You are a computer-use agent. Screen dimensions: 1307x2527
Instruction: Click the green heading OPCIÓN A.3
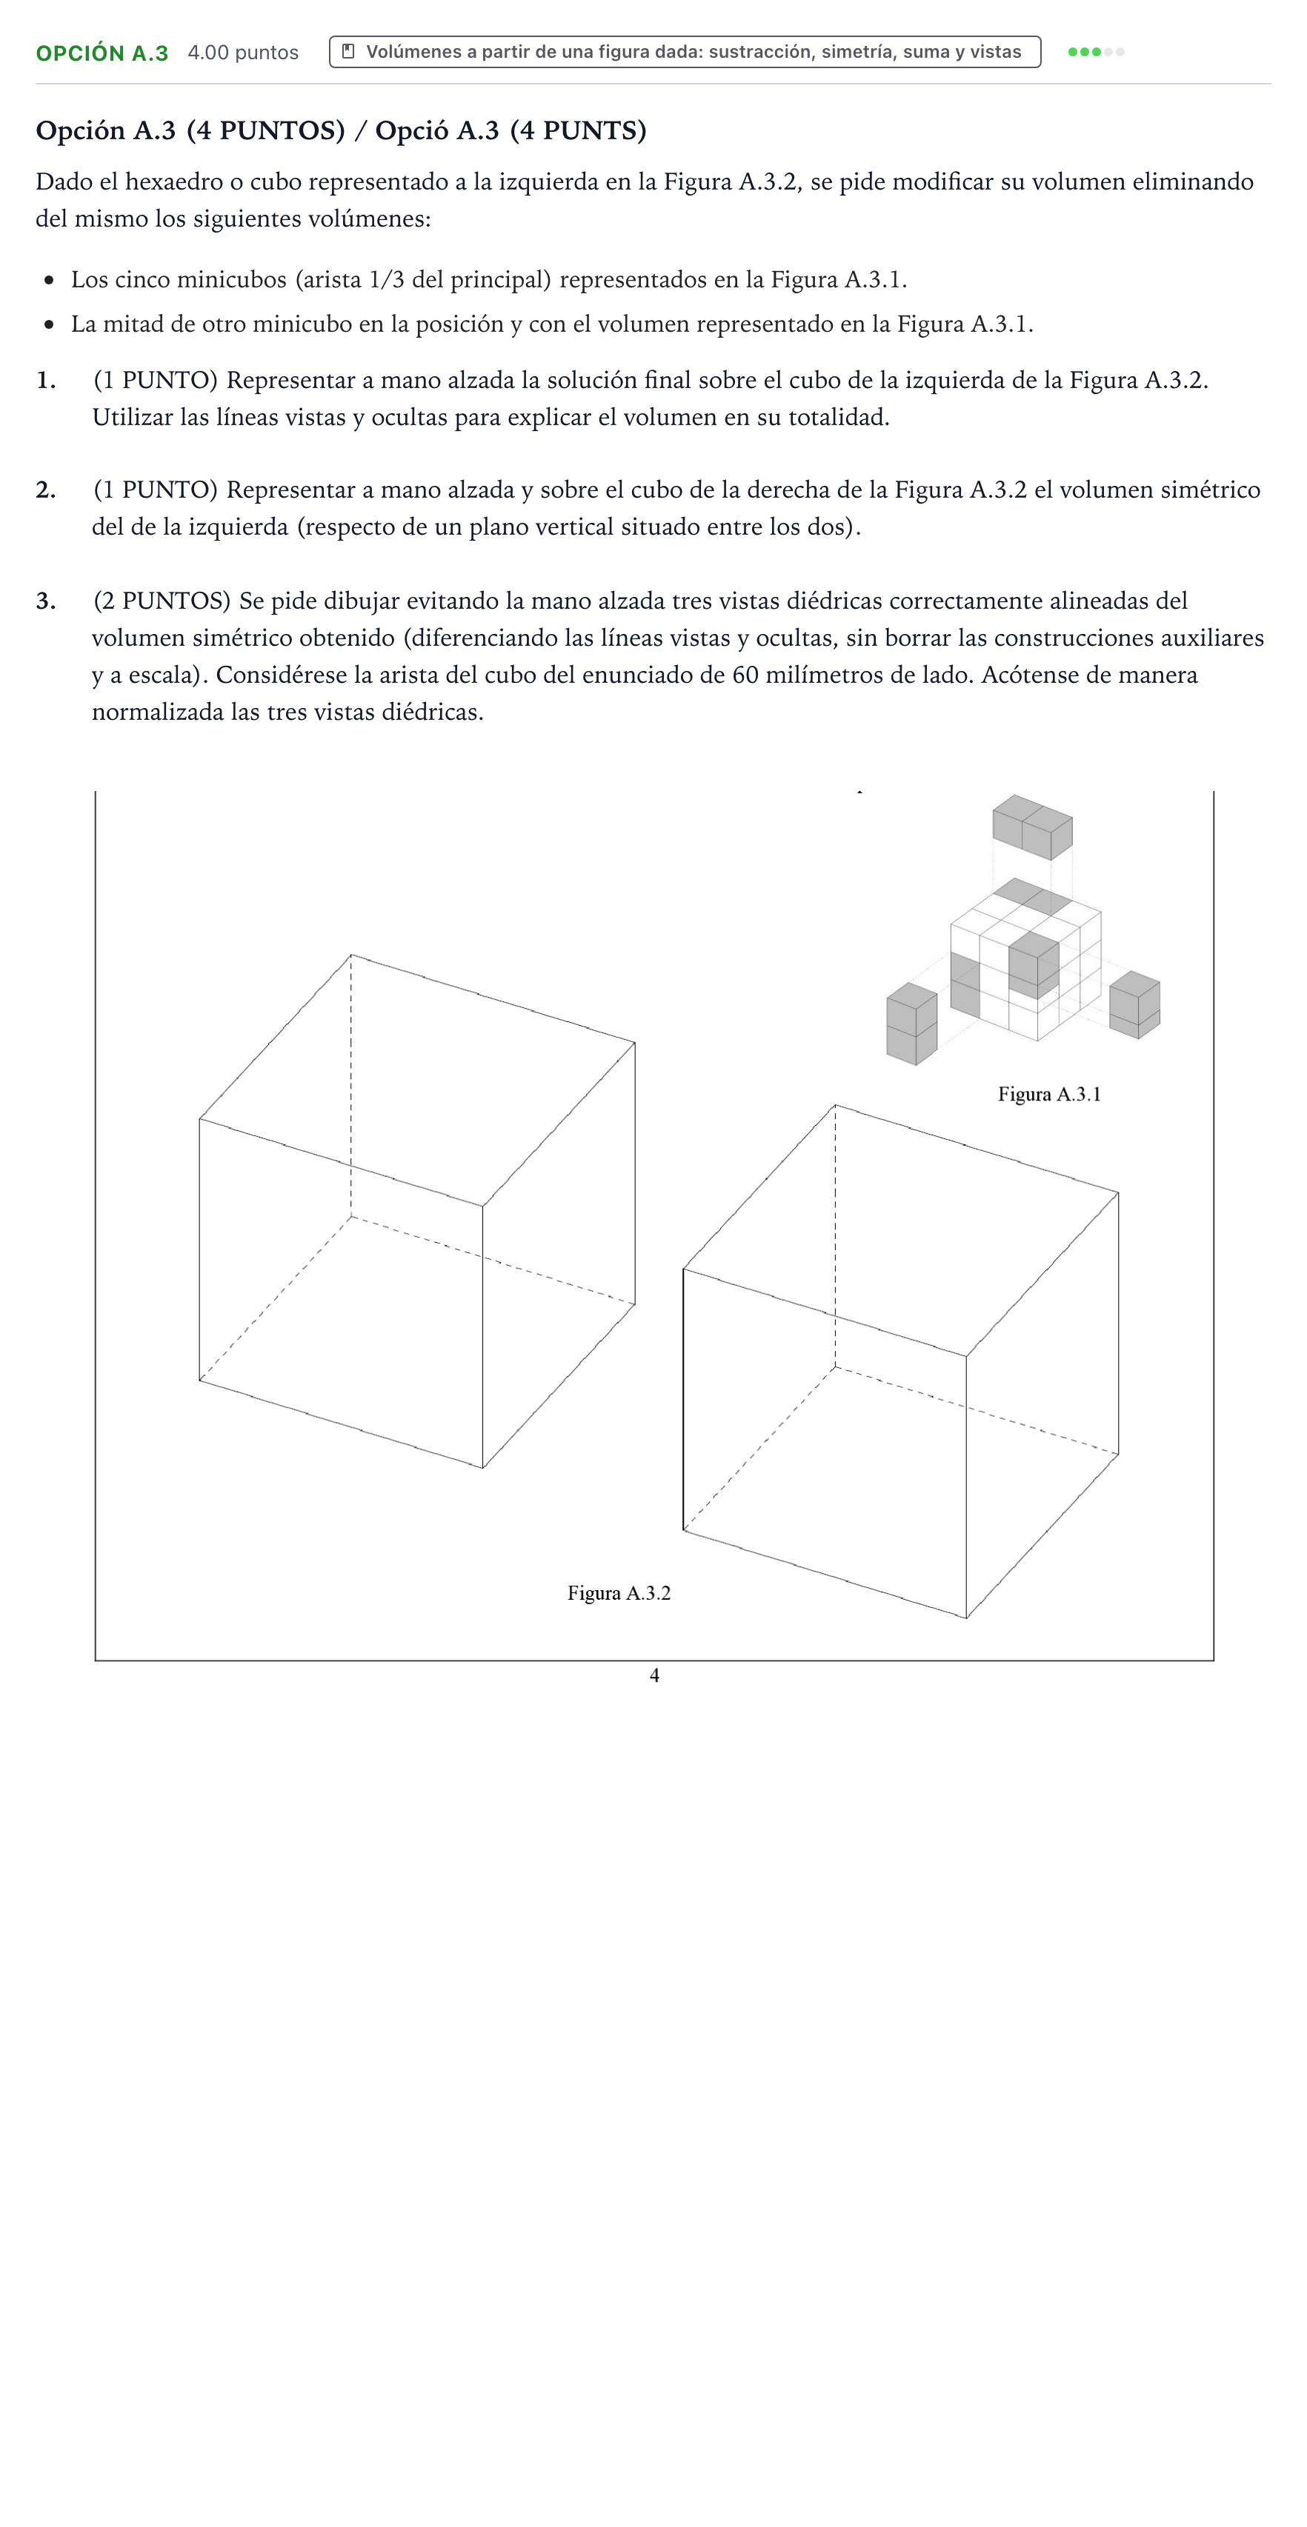point(102,53)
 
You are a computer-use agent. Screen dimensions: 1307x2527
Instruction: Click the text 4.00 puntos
point(243,53)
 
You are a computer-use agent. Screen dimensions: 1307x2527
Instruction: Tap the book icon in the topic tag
point(348,52)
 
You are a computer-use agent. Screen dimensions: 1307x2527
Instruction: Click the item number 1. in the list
point(45,381)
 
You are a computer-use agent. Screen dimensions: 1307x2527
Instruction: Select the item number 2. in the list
point(45,490)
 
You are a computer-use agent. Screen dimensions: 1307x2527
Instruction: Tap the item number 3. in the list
point(45,601)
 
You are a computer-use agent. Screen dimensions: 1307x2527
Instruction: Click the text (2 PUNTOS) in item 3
point(162,601)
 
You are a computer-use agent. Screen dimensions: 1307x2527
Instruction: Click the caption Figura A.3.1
point(1049,1095)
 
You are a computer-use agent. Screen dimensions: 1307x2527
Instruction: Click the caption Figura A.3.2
point(619,1593)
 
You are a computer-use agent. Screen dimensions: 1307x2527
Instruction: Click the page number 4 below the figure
point(654,1675)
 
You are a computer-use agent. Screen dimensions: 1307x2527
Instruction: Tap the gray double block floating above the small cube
point(1032,827)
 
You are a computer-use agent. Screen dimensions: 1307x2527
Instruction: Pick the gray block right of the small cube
point(1135,1004)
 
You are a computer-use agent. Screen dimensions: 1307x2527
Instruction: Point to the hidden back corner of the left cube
point(351,1216)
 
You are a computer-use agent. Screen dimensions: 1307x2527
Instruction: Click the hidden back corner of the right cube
point(835,1367)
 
